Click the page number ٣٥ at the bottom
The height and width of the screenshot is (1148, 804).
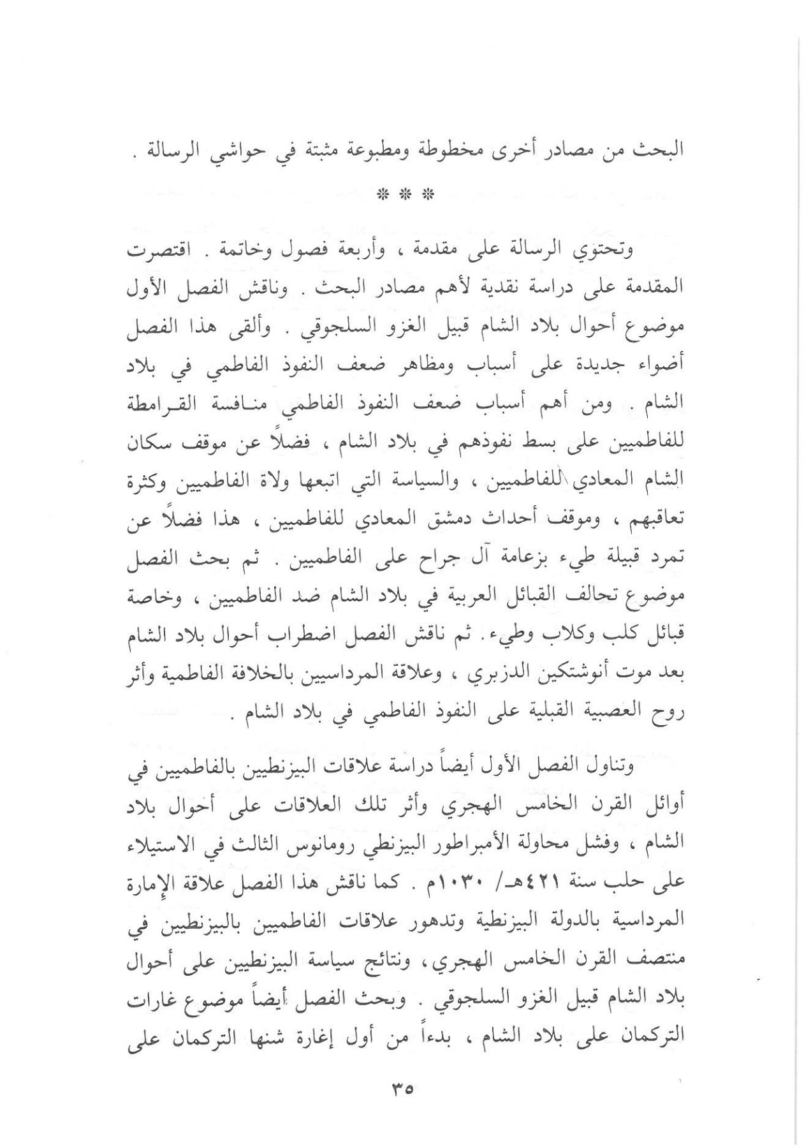pos(401,1089)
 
